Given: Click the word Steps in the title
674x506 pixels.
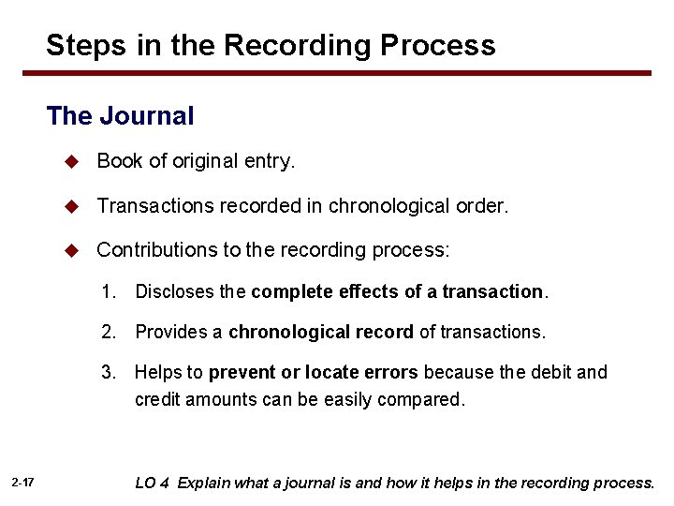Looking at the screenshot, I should point(84,45).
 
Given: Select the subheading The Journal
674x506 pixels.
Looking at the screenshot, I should point(120,116).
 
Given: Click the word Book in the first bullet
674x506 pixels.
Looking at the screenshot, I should point(118,161).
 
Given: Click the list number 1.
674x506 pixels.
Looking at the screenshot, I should point(109,291).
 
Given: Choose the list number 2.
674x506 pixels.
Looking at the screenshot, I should point(109,332).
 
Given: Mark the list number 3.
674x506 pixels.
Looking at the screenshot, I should point(109,372).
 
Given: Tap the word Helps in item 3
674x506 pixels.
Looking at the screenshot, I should point(155,372).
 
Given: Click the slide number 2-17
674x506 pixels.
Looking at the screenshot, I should point(23,483).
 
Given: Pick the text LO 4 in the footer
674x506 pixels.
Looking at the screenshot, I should point(153,484).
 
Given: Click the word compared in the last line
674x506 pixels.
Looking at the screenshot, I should point(426,399).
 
